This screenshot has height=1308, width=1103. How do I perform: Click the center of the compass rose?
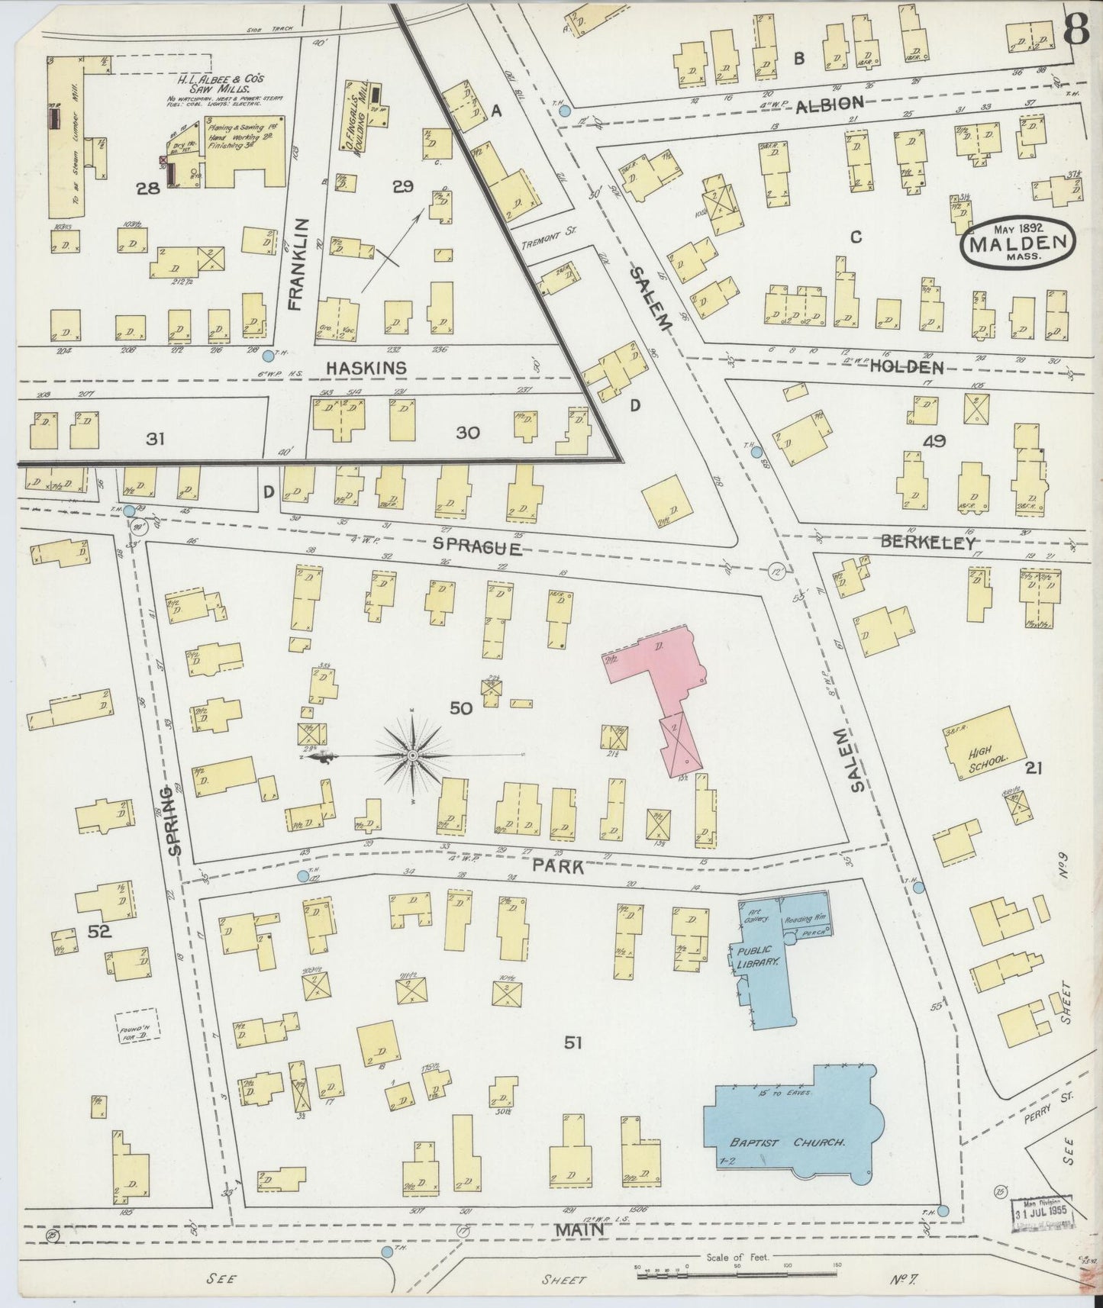412,755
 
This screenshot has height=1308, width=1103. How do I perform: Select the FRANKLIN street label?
298,263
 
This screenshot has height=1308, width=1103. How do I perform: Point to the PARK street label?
558,867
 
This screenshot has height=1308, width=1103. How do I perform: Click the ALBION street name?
830,104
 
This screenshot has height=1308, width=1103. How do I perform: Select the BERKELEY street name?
928,543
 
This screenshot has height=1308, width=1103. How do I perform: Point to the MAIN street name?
579,1229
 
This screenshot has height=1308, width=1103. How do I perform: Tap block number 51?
572,1042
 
